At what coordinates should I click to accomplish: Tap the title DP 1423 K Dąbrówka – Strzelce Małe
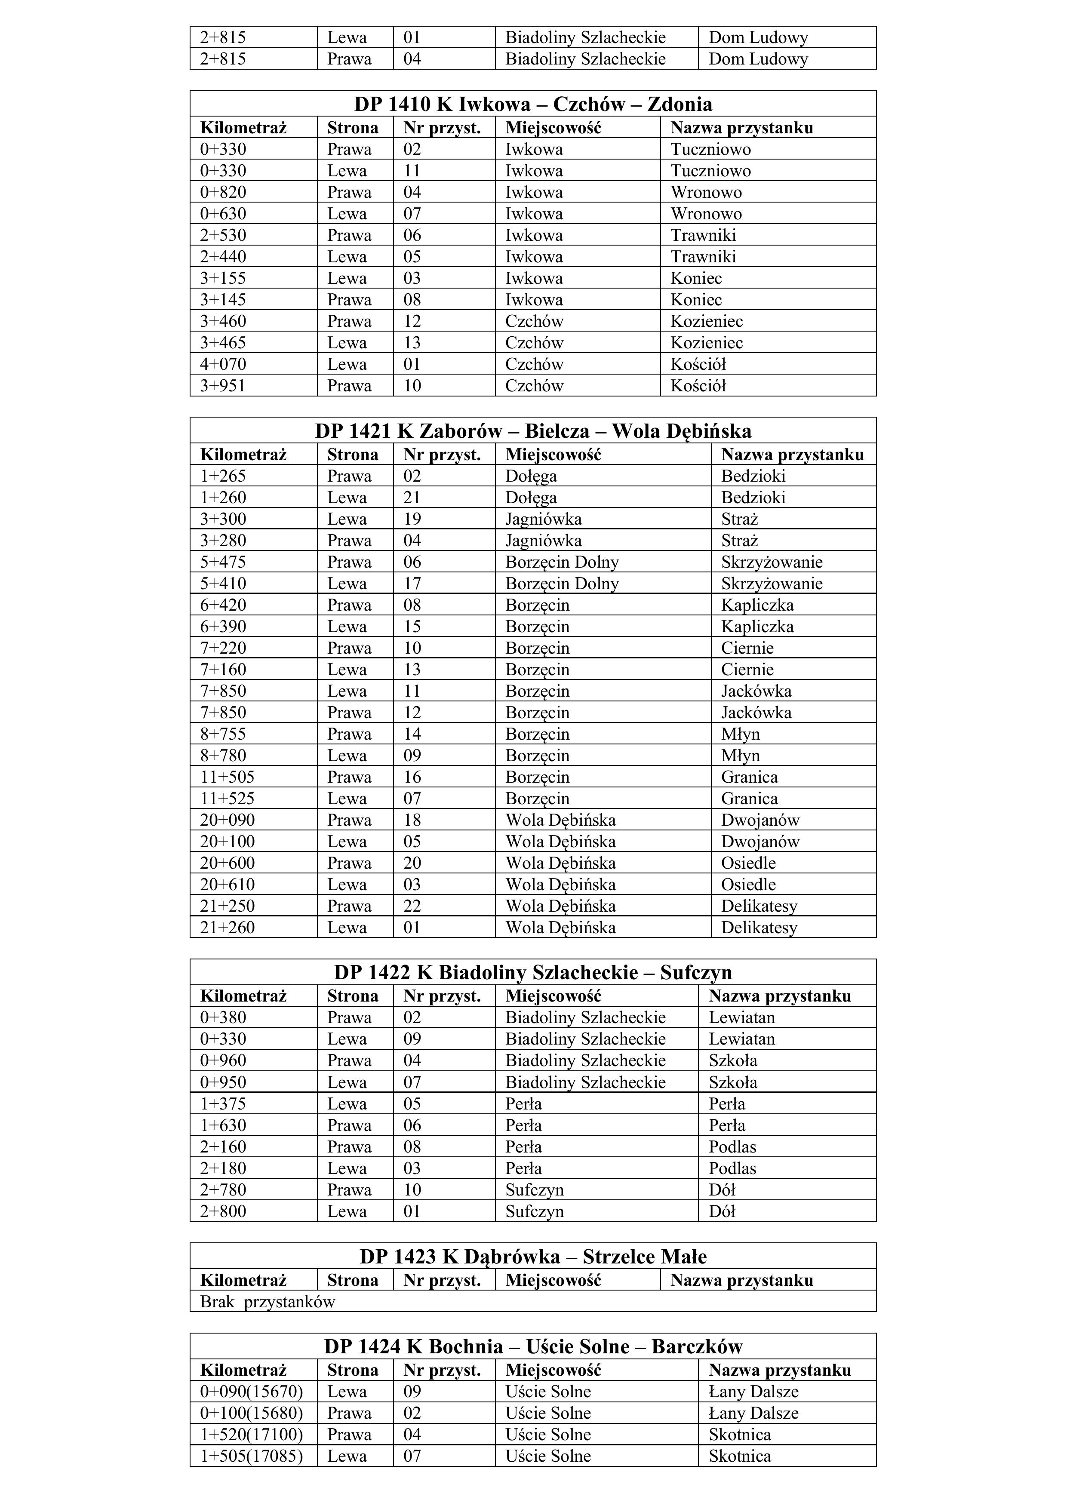[x=532, y=1257]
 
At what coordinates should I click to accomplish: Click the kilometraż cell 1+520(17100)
[x=251, y=1434]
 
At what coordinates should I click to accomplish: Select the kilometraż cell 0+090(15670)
[x=251, y=1391]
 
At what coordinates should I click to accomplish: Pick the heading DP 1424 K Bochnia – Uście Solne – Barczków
[x=532, y=1347]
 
